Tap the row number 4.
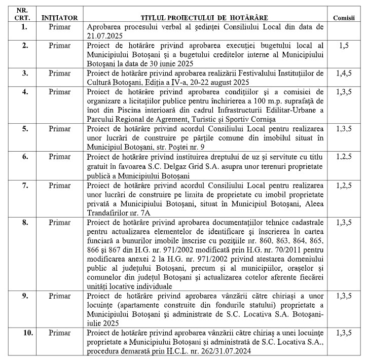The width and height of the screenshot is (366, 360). (x=24, y=92)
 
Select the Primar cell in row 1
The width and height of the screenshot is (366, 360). (x=60, y=26)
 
